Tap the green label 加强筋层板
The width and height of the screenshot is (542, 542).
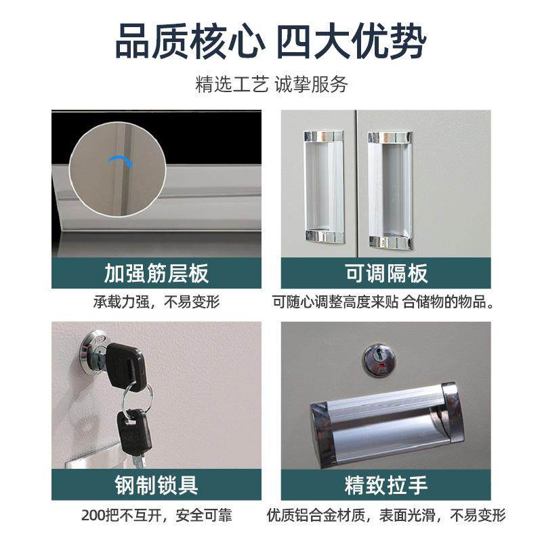coord(157,273)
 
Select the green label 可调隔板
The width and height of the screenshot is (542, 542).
coord(386,273)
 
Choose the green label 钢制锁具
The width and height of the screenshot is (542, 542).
coord(157,484)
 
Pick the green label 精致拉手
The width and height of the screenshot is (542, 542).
coord(386,484)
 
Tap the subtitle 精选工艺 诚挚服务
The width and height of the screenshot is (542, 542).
coord(271,85)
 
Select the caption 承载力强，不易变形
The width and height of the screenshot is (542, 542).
coord(157,302)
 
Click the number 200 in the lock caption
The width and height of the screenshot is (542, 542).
coord(91,515)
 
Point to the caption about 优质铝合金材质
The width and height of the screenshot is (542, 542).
coord(386,515)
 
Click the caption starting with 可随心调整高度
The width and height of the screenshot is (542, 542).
coord(386,302)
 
